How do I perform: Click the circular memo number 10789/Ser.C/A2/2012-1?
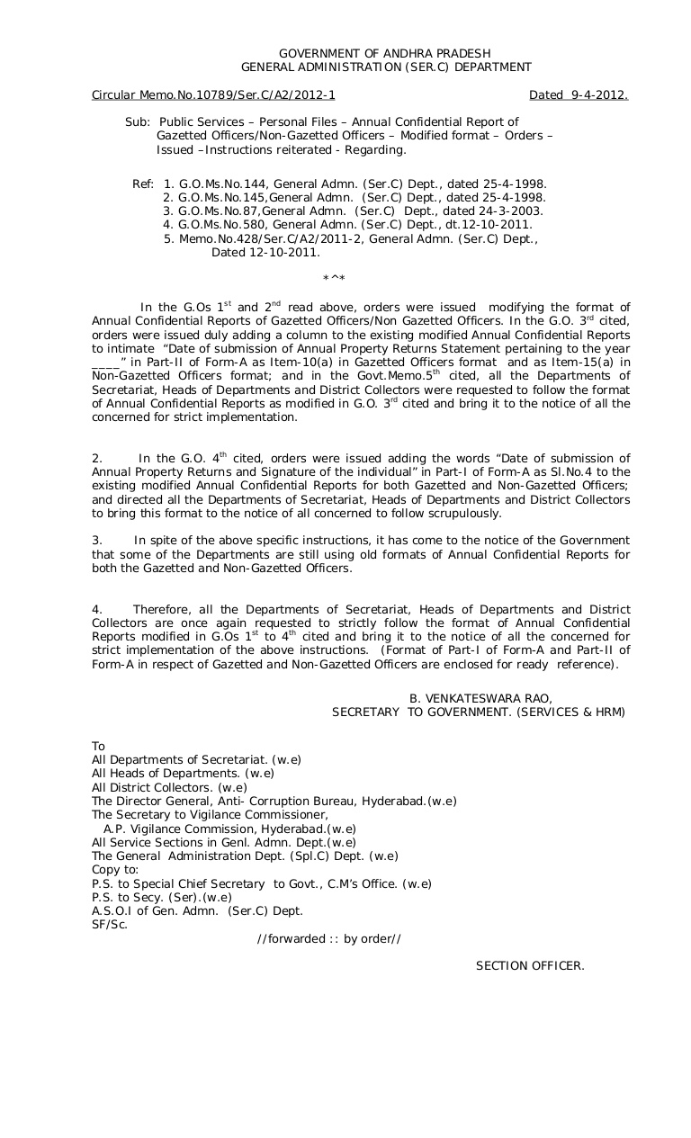[213, 94]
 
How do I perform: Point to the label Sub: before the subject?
[137, 121]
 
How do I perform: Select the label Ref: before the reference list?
[143, 184]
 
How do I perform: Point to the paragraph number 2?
[96, 459]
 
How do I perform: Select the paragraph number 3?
[96, 541]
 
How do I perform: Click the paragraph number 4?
[96, 610]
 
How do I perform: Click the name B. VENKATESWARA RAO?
[480, 698]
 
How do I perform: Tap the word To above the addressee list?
[99, 746]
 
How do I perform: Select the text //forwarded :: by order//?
[328, 938]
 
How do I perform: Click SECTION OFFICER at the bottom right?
[530, 966]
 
